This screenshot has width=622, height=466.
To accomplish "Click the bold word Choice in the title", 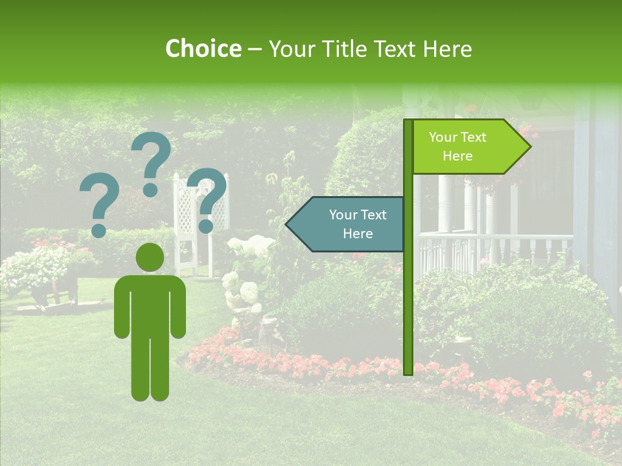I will click(203, 49).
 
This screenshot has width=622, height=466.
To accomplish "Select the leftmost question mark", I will click(98, 206).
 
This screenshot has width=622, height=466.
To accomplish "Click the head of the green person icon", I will click(150, 257).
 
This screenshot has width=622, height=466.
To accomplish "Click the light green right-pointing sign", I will click(466, 147).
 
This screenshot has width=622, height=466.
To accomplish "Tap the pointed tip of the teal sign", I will click(288, 225).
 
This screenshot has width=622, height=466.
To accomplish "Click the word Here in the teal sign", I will click(358, 234).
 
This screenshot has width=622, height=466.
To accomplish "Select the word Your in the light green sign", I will click(443, 137).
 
